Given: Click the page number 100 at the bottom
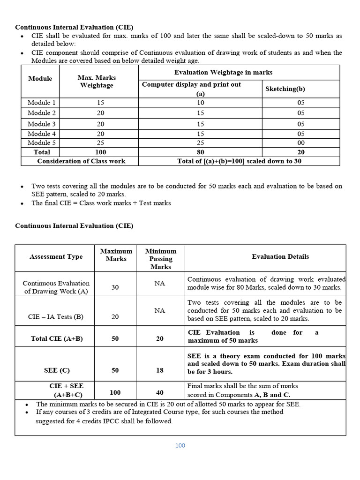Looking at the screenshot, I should click(x=180, y=445).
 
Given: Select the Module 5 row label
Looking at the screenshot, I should click(x=41, y=143).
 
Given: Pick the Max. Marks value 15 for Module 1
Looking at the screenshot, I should click(x=100, y=103).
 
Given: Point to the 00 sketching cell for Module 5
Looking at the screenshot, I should click(x=300, y=143).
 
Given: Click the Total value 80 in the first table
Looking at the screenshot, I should click(x=201, y=152).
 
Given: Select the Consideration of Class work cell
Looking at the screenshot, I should click(x=81, y=161).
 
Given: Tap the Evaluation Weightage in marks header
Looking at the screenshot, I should click(x=223, y=72).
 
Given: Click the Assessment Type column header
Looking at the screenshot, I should click(x=56, y=257).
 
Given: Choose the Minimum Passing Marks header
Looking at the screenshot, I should click(x=160, y=259).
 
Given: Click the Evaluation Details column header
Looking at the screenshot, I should click(x=280, y=257).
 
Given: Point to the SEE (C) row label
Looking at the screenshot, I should click(x=57, y=370).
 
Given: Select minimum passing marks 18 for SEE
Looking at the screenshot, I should click(x=160, y=370).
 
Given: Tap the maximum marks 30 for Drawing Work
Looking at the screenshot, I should click(x=115, y=287).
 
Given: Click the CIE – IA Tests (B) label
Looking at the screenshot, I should click(x=56, y=317).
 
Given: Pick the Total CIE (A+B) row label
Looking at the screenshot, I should click(x=56, y=339).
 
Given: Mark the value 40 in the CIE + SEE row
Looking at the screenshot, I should click(x=160, y=393).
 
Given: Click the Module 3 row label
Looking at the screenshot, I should click(x=41, y=124).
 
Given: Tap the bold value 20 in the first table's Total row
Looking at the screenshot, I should click(x=300, y=152).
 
